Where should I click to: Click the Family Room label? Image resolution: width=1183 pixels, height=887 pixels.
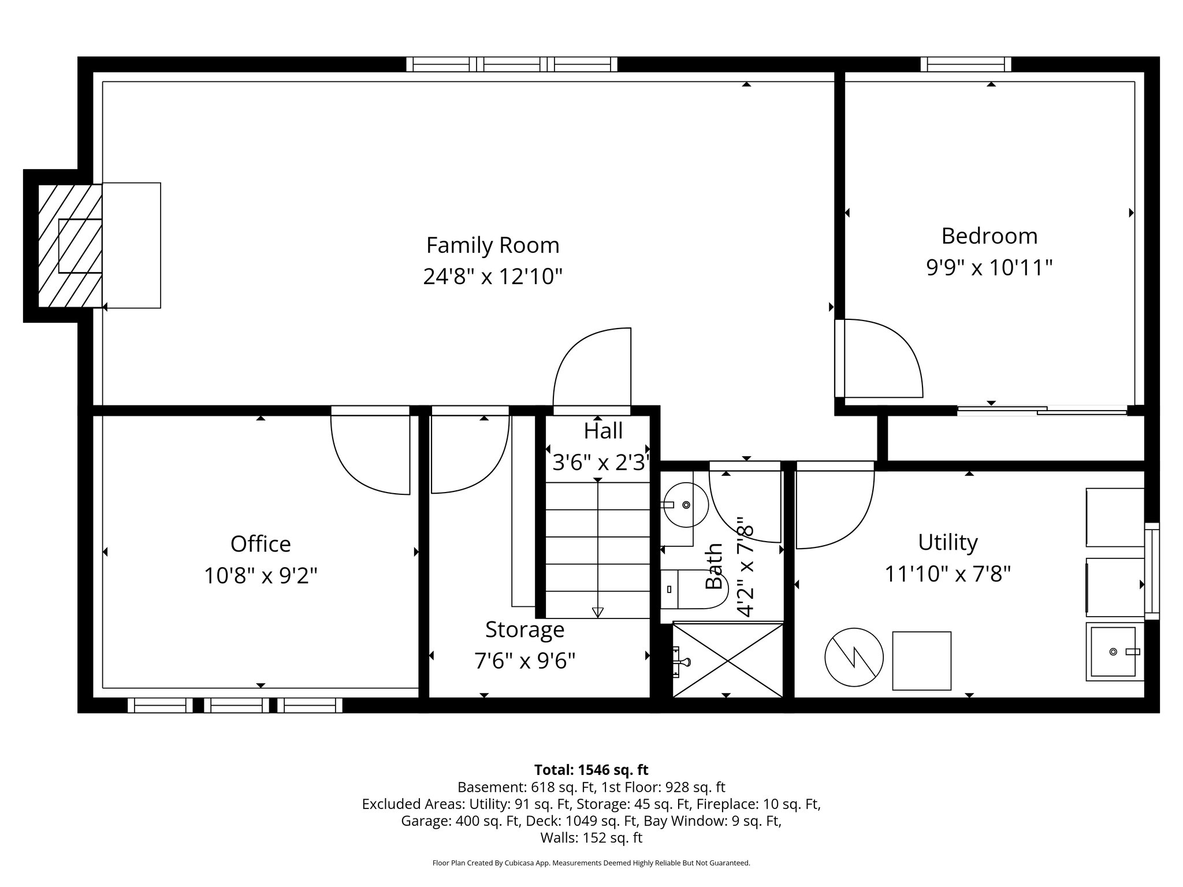[x=492, y=245]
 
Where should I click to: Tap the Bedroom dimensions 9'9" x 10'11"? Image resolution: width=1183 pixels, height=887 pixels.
[x=989, y=268]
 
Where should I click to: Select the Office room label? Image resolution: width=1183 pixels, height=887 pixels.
[x=261, y=544]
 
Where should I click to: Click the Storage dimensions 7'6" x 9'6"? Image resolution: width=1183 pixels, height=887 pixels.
[x=524, y=660]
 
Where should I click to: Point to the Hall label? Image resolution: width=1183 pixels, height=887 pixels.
[x=602, y=431]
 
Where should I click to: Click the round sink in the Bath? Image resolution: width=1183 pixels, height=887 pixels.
[x=686, y=505]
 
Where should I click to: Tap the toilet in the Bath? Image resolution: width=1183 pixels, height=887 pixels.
[x=691, y=590]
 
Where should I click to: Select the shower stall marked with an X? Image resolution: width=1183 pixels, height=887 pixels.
[x=728, y=659]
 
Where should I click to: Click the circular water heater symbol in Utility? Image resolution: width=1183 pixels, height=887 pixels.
[x=854, y=657]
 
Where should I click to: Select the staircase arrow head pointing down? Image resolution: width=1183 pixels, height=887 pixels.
[x=597, y=612]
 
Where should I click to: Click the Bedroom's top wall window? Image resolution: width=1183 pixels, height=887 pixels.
[x=965, y=65]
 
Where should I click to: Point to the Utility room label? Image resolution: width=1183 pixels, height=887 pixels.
[x=947, y=543]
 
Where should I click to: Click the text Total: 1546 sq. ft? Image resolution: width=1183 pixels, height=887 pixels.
[x=591, y=770]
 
